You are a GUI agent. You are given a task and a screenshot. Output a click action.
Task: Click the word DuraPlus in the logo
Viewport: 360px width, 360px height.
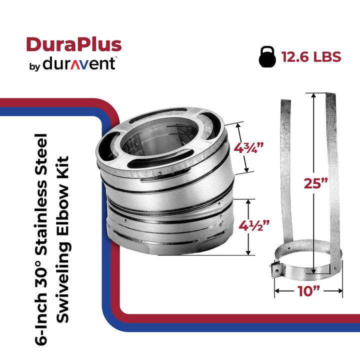coord(73,44)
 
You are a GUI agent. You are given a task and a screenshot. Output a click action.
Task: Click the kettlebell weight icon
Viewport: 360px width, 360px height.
coord(268,56)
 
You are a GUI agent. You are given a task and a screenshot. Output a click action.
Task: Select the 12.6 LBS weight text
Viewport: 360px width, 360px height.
coord(311,56)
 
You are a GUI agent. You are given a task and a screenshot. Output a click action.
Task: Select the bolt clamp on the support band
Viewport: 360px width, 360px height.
coord(275,270)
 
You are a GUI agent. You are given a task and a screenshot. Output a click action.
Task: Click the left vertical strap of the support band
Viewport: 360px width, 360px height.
coord(285,165)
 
